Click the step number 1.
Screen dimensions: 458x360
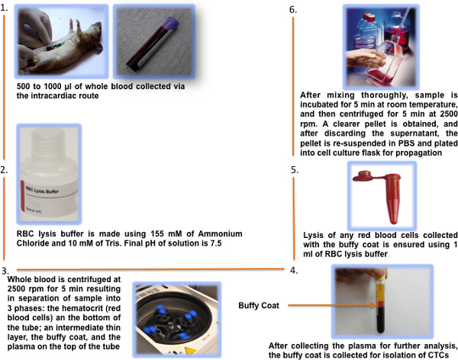4,8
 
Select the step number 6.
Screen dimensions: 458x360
293,10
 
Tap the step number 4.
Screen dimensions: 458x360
294,271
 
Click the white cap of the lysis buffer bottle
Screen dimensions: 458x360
48,140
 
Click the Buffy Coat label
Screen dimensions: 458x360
259,305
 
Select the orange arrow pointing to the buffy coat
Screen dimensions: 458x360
332,305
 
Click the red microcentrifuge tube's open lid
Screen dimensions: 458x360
363,176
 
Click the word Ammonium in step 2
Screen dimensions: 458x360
221,234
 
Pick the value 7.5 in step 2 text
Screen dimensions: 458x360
216,243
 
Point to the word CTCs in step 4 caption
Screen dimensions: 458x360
439,355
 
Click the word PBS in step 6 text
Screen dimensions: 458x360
406,143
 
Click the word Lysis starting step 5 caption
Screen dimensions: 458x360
314,236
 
